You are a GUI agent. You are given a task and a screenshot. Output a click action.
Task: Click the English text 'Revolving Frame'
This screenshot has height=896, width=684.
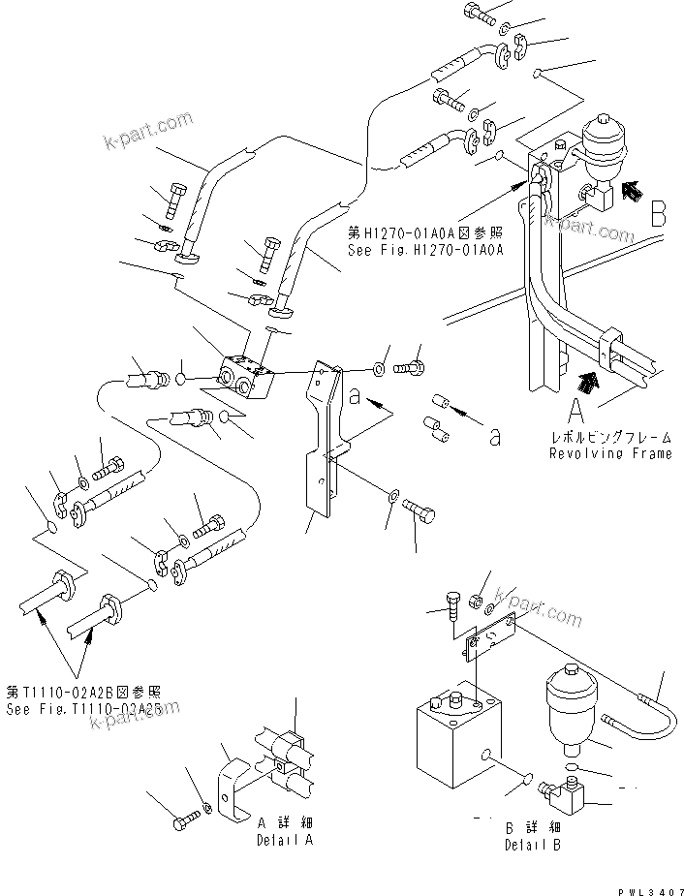(610, 453)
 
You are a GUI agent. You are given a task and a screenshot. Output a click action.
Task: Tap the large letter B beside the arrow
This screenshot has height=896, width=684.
(658, 214)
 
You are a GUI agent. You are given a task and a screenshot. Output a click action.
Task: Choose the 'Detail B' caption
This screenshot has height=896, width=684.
(531, 845)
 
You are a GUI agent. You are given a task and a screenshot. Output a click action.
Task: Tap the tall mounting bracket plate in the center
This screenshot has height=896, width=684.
(324, 446)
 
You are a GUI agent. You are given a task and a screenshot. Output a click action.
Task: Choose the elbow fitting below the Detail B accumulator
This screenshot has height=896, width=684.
(560, 797)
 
